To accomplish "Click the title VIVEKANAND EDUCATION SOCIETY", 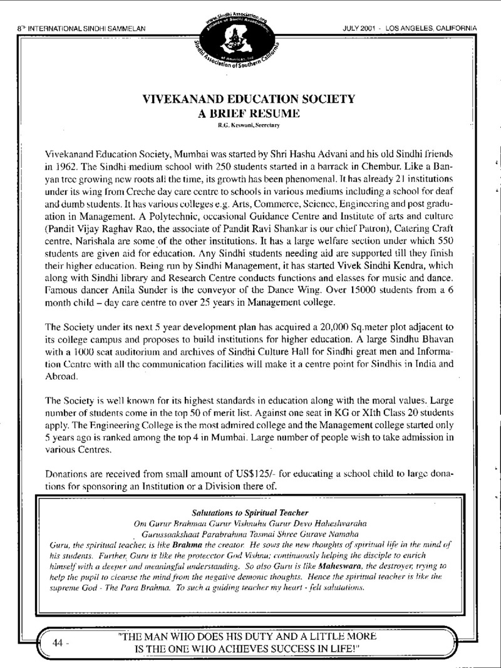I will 250,99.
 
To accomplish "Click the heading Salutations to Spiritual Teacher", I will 250,512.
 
